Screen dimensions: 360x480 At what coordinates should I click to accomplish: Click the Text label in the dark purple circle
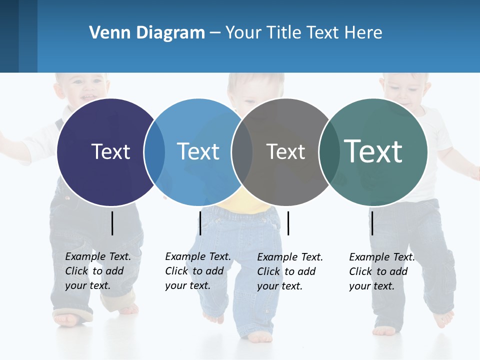[110, 151]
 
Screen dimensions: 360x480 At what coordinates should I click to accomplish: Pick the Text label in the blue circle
[198, 151]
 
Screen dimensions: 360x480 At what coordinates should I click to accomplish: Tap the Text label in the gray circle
[285, 151]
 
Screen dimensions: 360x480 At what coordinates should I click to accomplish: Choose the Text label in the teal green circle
[373, 151]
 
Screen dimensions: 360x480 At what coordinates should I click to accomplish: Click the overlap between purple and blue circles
[154, 152]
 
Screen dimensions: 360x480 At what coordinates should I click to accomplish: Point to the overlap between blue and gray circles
[242, 152]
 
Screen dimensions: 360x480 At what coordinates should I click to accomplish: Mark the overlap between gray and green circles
[329, 152]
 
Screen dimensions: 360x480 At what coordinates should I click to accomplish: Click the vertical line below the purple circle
[112, 223]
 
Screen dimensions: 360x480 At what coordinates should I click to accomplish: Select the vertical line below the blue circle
[200, 223]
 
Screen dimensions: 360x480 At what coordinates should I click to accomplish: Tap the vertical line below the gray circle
[288, 223]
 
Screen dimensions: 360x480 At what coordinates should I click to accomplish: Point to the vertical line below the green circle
[372, 223]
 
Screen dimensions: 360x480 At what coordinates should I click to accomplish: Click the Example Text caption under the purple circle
[97, 271]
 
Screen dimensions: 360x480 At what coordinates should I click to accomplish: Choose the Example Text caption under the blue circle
[197, 271]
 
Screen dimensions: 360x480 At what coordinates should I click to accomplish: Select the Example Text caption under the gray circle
[289, 271]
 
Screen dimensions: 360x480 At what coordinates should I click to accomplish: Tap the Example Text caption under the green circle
[381, 271]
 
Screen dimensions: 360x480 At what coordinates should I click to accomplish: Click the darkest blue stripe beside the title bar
[9, 36]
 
